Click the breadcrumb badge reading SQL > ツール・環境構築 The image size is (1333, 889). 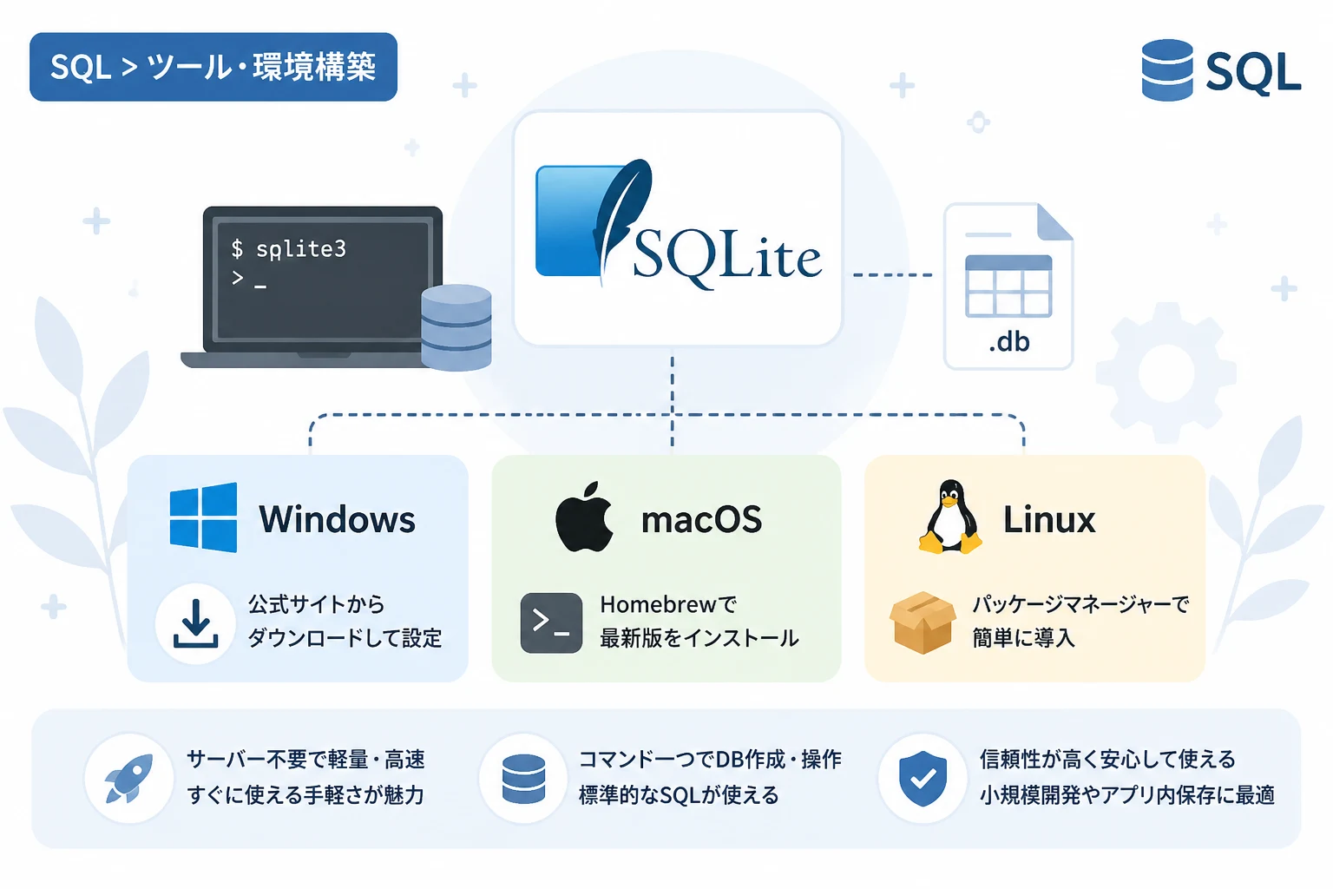point(213,67)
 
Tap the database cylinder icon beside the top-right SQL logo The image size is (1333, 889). point(1167,69)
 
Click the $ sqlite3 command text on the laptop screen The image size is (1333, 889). point(289,249)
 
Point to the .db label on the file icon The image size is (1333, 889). point(1009,342)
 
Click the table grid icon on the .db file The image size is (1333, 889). point(1008,286)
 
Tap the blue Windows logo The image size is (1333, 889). point(204,517)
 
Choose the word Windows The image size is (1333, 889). point(337,519)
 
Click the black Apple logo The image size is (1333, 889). point(584,517)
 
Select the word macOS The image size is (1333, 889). point(701,519)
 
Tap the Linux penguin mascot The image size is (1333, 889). point(949,517)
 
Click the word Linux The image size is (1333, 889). point(1049,519)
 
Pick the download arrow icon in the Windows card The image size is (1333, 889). point(196,623)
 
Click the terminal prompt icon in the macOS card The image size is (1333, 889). point(551,622)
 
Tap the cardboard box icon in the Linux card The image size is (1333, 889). point(923,622)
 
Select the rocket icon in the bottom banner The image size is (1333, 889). point(129,778)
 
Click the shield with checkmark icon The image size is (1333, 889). point(923,778)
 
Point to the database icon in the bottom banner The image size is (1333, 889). point(523,779)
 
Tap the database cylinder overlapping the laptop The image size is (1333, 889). point(456,327)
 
